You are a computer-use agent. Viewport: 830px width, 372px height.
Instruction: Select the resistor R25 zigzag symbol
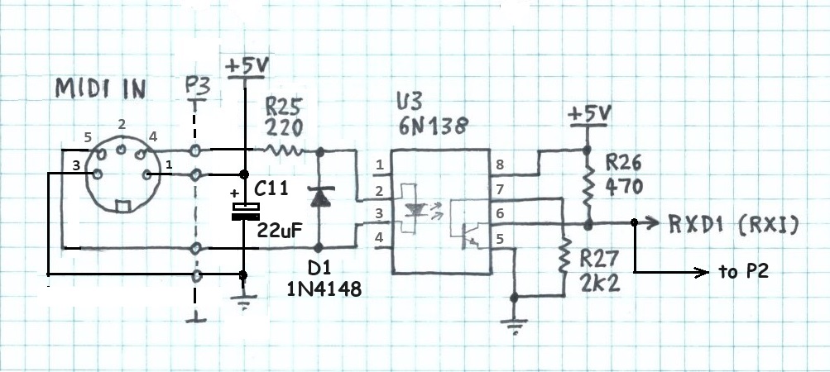click(284, 150)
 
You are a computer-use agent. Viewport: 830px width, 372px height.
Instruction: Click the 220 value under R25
click(285, 127)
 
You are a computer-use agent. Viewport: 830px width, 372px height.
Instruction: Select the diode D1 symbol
click(319, 197)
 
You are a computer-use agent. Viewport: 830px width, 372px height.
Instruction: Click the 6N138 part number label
click(430, 125)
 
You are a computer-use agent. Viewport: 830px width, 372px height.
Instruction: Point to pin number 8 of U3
click(499, 165)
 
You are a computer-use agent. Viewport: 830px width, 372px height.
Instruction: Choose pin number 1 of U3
click(379, 165)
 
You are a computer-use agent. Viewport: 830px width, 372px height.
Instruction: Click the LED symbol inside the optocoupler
click(414, 211)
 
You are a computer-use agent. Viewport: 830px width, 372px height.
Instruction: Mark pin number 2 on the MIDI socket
click(122, 124)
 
